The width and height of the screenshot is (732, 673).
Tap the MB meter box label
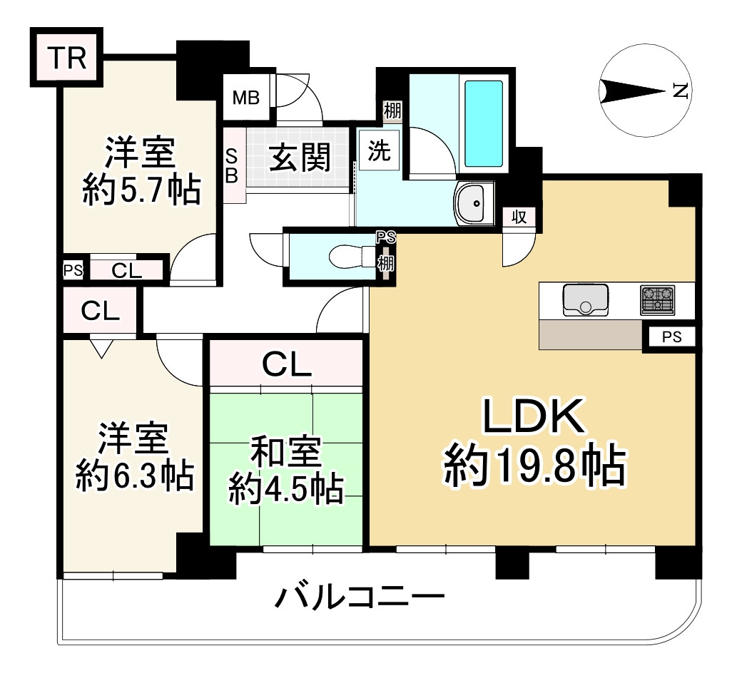click(x=246, y=98)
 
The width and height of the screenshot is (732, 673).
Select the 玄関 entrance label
click(x=300, y=158)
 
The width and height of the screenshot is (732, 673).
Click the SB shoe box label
click(x=232, y=165)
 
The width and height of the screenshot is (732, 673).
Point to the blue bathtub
click(x=484, y=123)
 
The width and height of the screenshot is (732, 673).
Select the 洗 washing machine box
click(x=379, y=150)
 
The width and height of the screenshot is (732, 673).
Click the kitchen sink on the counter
click(x=585, y=299)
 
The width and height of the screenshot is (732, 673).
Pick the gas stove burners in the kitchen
click(x=657, y=299)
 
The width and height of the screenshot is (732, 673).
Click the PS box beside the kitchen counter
click(x=671, y=337)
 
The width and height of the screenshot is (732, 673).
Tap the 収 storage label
click(x=519, y=217)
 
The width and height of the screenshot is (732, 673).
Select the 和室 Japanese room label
click(x=285, y=453)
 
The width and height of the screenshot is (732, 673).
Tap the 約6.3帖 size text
click(x=135, y=476)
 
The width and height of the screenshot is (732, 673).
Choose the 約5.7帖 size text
click(x=141, y=190)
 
